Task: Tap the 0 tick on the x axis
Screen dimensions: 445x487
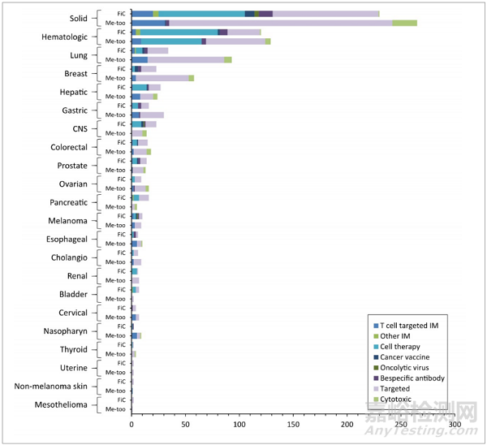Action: [131, 423]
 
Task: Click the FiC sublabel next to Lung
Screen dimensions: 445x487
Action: [121, 50]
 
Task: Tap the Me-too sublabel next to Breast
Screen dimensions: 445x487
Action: [115, 78]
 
